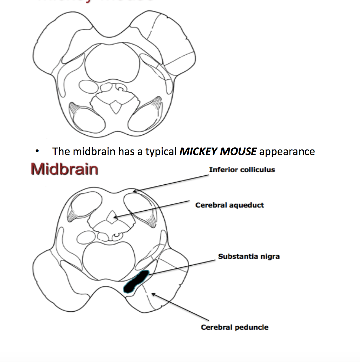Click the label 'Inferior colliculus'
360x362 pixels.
click(x=242, y=170)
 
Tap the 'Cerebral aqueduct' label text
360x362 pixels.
click(x=229, y=205)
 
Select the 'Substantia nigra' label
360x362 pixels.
click(x=249, y=256)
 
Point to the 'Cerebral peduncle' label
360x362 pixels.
click(x=234, y=327)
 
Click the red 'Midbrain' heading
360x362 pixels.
click(x=64, y=169)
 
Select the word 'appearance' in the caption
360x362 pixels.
click(x=287, y=151)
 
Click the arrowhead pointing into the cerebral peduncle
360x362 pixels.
click(x=152, y=294)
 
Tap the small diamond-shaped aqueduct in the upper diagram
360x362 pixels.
click(x=115, y=106)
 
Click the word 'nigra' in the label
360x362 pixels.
click(x=270, y=256)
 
